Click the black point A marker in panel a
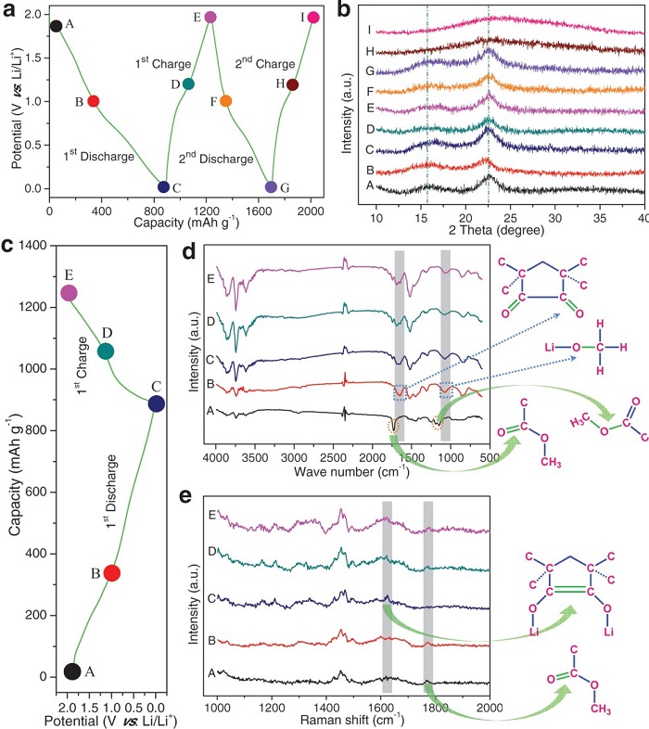[x=56, y=26]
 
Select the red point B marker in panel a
[x=93, y=100]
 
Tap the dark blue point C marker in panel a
[x=163, y=187]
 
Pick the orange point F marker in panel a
[x=226, y=100]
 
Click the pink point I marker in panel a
[x=313, y=18]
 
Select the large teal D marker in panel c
[x=106, y=351]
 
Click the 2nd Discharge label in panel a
[x=216, y=159]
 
